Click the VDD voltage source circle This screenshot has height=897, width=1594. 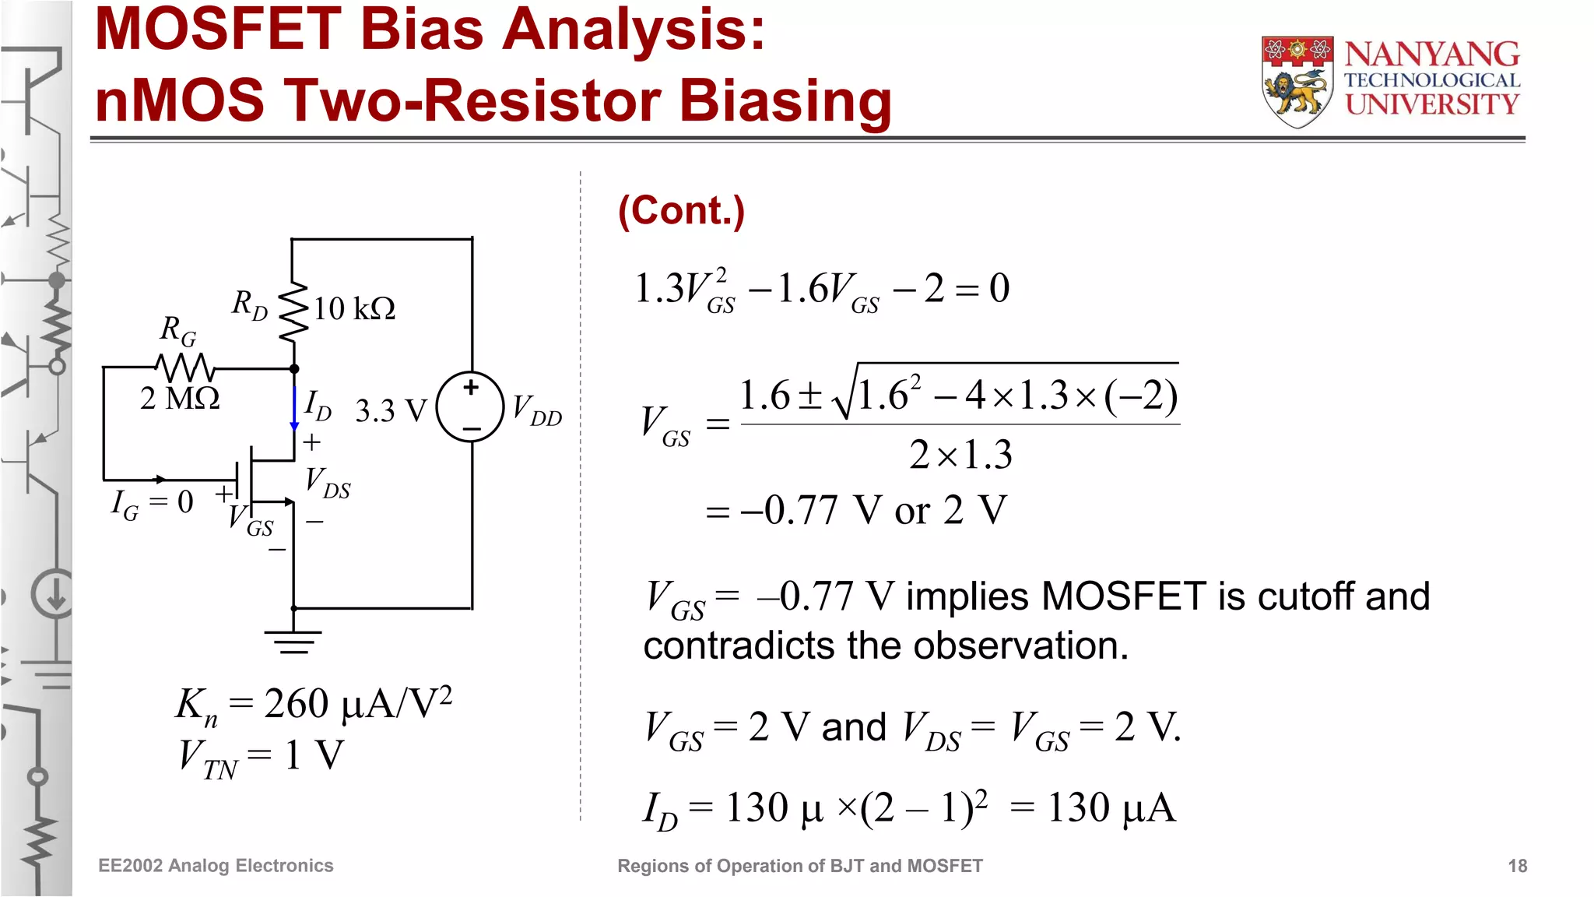pyautogui.click(x=470, y=406)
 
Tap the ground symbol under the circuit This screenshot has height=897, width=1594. pyautogui.click(x=293, y=641)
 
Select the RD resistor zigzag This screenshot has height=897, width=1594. pyautogui.click(x=293, y=311)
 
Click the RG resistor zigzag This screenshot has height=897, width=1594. pyautogui.click(x=185, y=366)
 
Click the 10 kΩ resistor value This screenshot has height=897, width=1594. pyautogui.click(x=354, y=309)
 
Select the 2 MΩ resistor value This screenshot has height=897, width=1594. pyautogui.click(x=180, y=399)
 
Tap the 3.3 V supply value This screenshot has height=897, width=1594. pyautogui.click(x=391, y=411)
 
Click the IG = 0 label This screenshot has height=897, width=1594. pyautogui.click(x=152, y=503)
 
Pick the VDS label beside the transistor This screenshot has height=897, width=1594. pyautogui.click(x=327, y=483)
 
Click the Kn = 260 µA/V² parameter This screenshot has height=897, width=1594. pyautogui.click(x=313, y=705)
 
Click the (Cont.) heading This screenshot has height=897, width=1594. pyautogui.click(x=681, y=211)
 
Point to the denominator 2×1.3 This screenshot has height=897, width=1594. pyautogui.click(x=960, y=455)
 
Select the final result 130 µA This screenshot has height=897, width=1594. pyautogui.click(x=1111, y=807)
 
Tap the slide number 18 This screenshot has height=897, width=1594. pyautogui.click(x=1517, y=866)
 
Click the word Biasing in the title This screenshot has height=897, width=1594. pyautogui.click(x=785, y=100)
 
